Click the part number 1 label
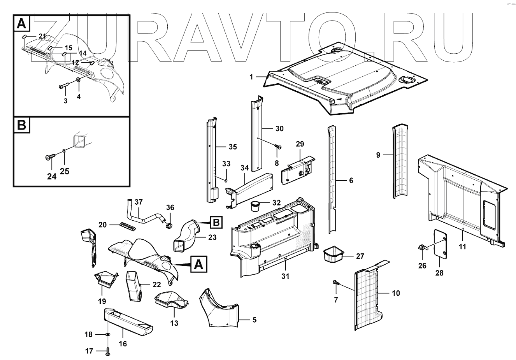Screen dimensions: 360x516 251,77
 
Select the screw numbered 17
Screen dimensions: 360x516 108,351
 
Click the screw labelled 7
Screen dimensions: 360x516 335,282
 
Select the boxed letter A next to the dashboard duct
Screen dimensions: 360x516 198,265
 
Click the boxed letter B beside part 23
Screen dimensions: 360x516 216,223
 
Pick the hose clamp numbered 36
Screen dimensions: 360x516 169,225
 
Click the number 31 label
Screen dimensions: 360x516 286,276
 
